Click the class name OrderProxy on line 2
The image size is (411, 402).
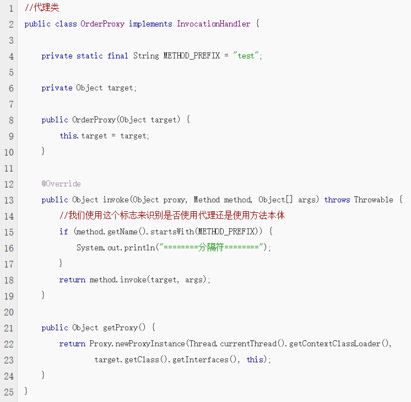pyautogui.click(x=102, y=24)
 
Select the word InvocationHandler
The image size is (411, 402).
pyautogui.click(x=214, y=24)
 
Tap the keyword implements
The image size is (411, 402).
pyautogui.click(x=150, y=24)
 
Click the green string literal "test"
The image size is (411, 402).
pyautogui.click(x=246, y=56)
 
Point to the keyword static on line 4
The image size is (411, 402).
pyautogui.click(x=90, y=56)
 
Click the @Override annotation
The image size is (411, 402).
pyautogui.click(x=61, y=184)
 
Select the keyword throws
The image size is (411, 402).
pyautogui.click(x=337, y=200)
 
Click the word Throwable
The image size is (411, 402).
pyautogui.click(x=374, y=200)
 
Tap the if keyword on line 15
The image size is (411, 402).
pyautogui.click(x=64, y=232)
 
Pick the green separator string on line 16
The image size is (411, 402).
pyautogui.click(x=211, y=247)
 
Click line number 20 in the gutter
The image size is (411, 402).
pyautogui.click(x=9, y=312)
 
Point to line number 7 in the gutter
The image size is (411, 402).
pyautogui.click(x=11, y=104)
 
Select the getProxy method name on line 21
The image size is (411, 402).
pyautogui.click(x=120, y=328)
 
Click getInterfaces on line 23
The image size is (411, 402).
pyautogui.click(x=200, y=360)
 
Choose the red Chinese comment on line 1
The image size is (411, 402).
pyautogui.click(x=42, y=7)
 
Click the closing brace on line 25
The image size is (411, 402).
pyautogui.click(x=26, y=391)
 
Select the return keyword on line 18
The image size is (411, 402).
pyautogui.click(x=72, y=280)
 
